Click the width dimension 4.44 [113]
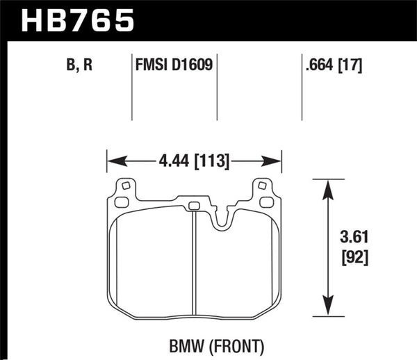coord(194,162)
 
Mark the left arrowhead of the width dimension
coord(112,162)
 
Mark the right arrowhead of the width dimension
coord(276,162)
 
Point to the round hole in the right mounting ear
coord(263,186)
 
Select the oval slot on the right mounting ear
coord(267,202)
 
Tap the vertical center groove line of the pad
coord(193,264)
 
